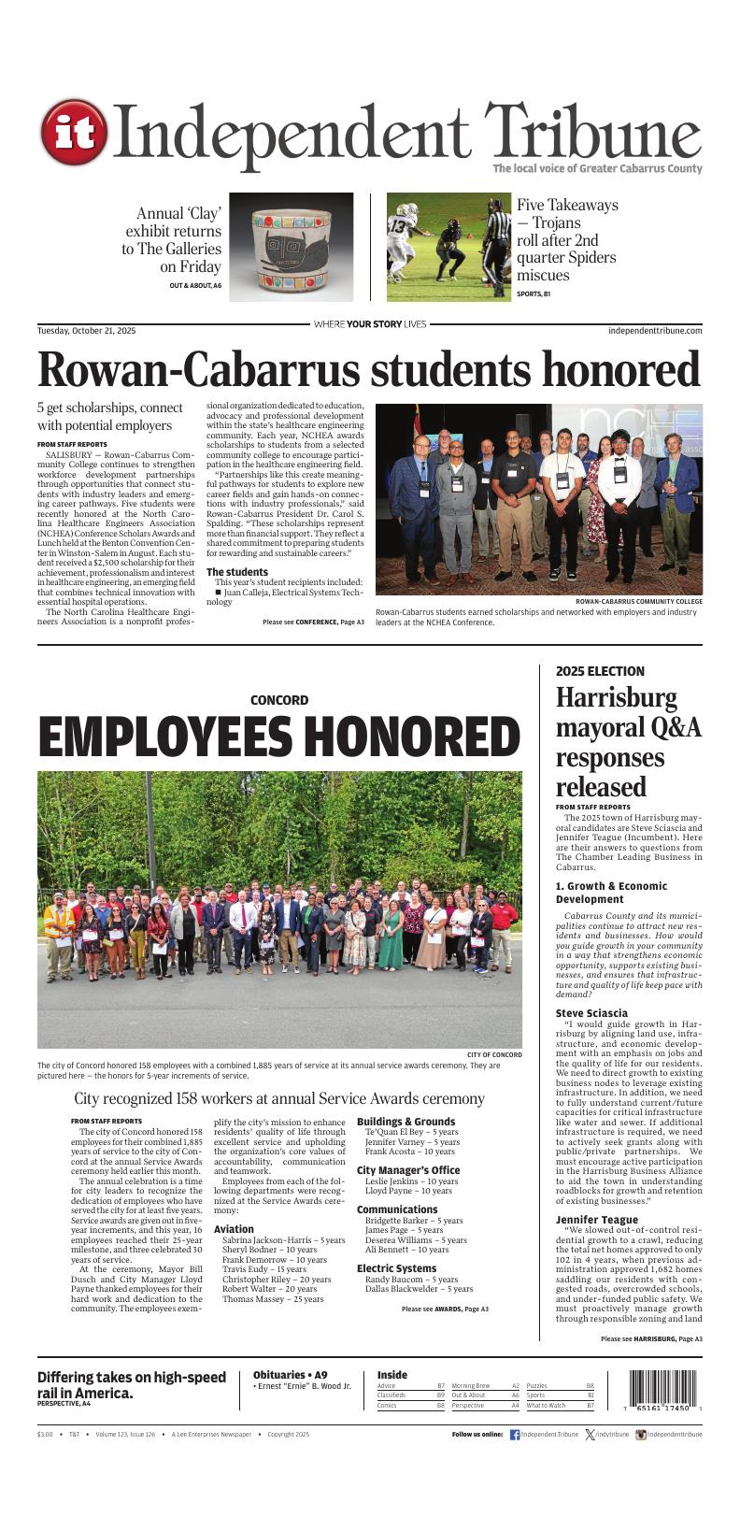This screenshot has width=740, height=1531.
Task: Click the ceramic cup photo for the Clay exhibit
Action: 291,247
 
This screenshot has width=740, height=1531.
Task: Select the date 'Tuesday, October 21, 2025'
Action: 86,331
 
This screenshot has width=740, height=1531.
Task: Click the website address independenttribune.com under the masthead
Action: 654,331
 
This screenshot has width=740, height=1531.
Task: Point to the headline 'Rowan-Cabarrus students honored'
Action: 369,370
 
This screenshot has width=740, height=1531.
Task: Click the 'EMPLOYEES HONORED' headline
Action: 279,737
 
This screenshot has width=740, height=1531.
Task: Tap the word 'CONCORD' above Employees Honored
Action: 278,700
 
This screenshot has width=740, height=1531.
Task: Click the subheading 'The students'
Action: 236,572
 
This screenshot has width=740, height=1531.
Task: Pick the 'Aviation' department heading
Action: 234,1229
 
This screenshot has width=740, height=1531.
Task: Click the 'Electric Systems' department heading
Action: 396,1268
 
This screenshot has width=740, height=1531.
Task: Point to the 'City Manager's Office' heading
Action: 408,1170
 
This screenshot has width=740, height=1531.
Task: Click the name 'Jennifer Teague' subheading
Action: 596,1220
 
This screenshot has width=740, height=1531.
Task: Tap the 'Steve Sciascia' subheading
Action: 591,1013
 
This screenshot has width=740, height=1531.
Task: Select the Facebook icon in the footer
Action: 515,1434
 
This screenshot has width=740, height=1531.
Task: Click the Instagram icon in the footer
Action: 641,1434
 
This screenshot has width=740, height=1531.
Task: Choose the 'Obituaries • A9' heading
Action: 290,1375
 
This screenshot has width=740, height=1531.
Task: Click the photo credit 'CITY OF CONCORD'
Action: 494,1054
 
